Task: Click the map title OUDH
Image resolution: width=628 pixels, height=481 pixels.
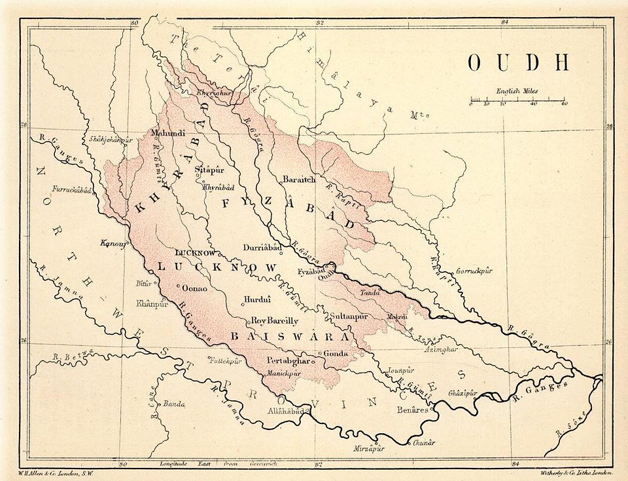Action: tap(518, 62)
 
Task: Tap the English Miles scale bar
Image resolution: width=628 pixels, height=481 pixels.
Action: tap(517, 101)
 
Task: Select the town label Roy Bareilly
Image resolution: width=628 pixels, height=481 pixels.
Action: tap(275, 321)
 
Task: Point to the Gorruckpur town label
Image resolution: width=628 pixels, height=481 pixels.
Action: tap(473, 270)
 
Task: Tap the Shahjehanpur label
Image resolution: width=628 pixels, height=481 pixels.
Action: tap(111, 140)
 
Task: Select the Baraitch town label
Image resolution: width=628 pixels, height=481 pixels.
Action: tap(299, 179)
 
